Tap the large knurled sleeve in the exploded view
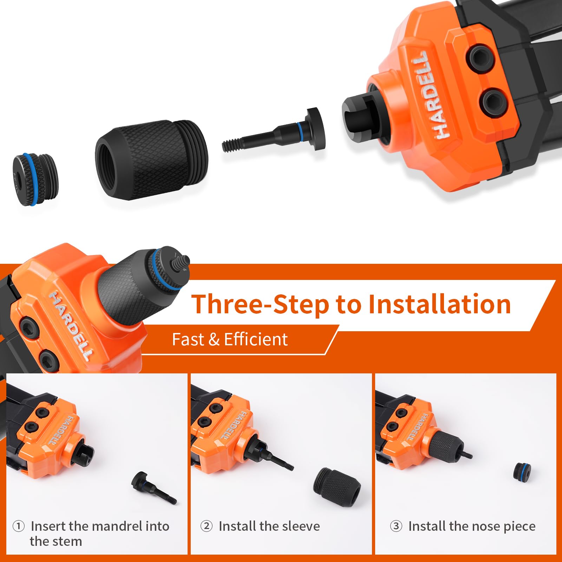point(151,160)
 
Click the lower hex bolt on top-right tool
point(493,102)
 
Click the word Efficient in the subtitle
point(256,340)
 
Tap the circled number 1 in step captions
point(18,526)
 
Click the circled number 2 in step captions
point(207,526)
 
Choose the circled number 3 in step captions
point(396,526)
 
